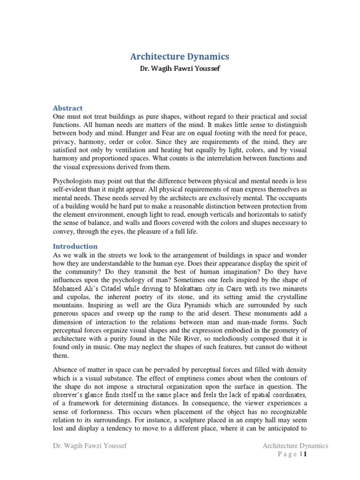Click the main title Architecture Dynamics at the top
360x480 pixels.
coord(180,56)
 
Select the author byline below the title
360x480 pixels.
coord(180,68)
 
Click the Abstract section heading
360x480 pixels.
coord(67,108)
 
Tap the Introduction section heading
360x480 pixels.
coord(75,246)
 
